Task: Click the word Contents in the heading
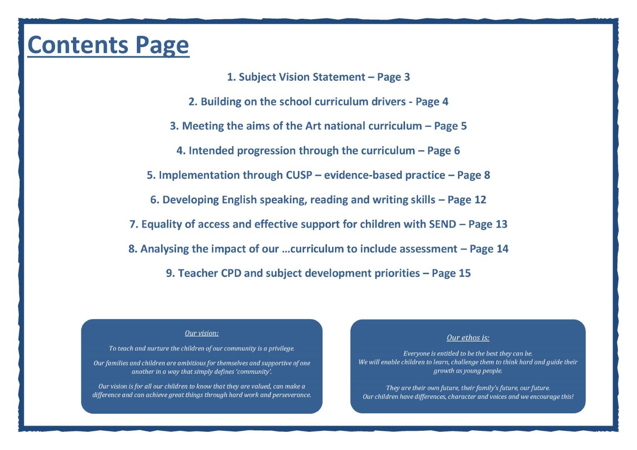[78, 45]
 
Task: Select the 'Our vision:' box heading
[201, 333]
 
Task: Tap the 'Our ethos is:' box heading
[468, 338]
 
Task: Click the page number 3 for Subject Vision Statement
[407, 77]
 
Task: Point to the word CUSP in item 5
[299, 175]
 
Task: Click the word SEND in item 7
[442, 224]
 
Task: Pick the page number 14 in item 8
[502, 249]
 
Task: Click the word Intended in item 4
[211, 150]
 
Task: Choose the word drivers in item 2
[388, 102]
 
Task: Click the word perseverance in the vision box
[291, 395]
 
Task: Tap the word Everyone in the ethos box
[417, 354]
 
